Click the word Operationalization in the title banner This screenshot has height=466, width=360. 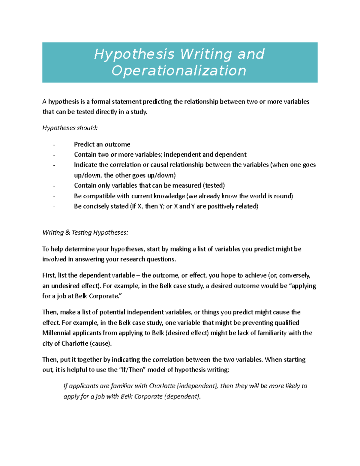(179, 71)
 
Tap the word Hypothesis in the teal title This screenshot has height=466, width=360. (134, 54)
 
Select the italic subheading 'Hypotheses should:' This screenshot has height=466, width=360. (70, 128)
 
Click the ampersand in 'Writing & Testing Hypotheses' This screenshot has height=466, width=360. (67, 233)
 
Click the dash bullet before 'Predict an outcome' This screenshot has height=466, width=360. (54, 145)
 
